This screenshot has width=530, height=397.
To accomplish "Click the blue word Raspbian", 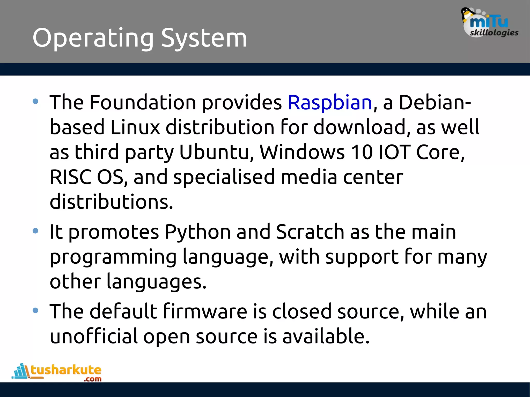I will (330, 103).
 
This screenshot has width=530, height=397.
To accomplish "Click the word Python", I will (198, 232).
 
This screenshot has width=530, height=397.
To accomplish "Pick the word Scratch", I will (310, 232).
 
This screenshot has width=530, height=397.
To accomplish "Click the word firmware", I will (205, 311).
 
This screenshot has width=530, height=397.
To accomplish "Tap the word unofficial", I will (93, 336).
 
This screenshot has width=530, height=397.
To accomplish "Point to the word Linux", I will (135, 127).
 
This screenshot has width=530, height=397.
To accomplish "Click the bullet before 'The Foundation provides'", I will (35, 101).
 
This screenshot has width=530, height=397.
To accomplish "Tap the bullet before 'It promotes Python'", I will (35, 231).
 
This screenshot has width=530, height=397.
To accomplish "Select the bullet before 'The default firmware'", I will (35, 310).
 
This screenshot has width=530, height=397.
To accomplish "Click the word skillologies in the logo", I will (494, 33).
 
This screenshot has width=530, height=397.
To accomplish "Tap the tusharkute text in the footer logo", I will (66, 370).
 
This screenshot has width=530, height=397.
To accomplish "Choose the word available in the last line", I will (326, 336).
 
